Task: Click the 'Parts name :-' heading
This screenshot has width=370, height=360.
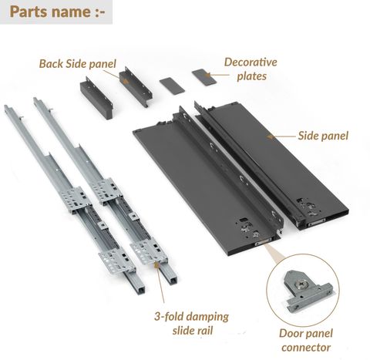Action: click(x=57, y=12)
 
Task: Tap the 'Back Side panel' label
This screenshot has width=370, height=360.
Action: click(x=78, y=64)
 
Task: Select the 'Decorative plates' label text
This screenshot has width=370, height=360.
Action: click(x=251, y=69)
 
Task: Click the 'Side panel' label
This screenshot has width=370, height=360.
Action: click(x=323, y=136)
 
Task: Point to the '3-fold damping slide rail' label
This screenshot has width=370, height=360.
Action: click(x=192, y=323)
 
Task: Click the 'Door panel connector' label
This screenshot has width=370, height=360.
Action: click(x=306, y=340)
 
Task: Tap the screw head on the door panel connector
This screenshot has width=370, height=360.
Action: click(x=301, y=284)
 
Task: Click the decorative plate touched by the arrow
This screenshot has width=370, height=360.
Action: click(x=204, y=77)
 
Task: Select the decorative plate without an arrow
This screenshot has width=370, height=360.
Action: click(x=172, y=86)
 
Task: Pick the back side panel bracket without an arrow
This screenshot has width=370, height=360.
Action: click(x=96, y=98)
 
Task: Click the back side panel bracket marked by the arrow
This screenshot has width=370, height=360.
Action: click(x=136, y=86)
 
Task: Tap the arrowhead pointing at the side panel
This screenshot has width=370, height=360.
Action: click(x=270, y=136)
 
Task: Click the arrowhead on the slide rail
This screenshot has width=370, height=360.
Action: click(x=156, y=265)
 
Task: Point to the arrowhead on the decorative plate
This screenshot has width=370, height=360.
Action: click(x=208, y=76)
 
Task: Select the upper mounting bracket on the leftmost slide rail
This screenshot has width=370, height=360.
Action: click(x=76, y=199)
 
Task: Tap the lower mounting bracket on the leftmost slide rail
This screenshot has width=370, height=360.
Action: click(x=117, y=261)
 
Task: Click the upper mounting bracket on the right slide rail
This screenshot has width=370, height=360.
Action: click(x=107, y=190)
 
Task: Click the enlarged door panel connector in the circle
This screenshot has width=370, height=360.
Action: click(x=308, y=290)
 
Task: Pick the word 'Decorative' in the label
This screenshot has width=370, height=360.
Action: click(x=251, y=62)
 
